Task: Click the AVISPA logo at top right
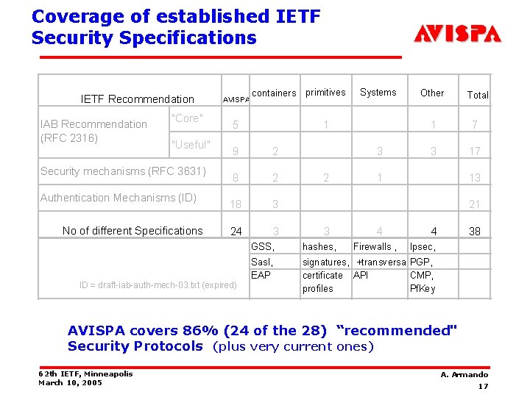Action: [x=457, y=34]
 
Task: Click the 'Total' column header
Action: [x=478, y=95]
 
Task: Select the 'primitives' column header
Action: [x=325, y=92]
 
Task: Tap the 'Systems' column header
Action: [x=378, y=92]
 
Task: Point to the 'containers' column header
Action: [x=274, y=93]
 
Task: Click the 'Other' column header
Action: [x=432, y=93]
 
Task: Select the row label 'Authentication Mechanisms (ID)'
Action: [x=119, y=198]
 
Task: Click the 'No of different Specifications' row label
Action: [x=132, y=231]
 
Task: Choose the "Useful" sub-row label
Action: [x=191, y=144]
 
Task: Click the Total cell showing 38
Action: [x=475, y=232]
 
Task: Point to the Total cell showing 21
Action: [x=475, y=204]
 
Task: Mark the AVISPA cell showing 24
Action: [x=235, y=232]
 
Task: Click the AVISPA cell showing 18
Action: [x=235, y=204]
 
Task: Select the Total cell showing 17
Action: [x=475, y=151]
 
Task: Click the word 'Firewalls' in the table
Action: [x=372, y=247]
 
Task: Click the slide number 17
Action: [x=483, y=387]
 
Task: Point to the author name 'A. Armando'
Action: [x=464, y=375]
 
